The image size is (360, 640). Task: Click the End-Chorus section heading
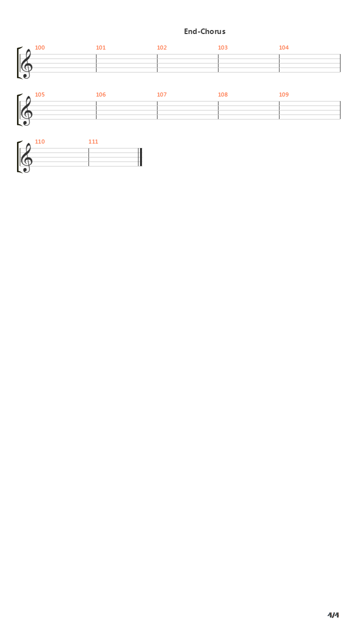pyautogui.click(x=204, y=31)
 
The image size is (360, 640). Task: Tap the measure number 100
pyautogui.click(x=39, y=47)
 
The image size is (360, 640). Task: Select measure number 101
pyautogui.click(x=100, y=47)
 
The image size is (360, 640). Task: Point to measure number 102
pyautogui.click(x=161, y=47)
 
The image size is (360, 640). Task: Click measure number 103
pyautogui.click(x=222, y=47)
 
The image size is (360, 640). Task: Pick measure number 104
pyautogui.click(x=283, y=47)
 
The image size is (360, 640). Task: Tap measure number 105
pyautogui.click(x=39, y=94)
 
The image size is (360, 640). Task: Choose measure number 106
pyautogui.click(x=100, y=94)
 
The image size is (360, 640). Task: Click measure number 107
pyautogui.click(x=161, y=94)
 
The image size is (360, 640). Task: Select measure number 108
pyautogui.click(x=222, y=94)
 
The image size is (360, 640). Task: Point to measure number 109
pyautogui.click(x=283, y=94)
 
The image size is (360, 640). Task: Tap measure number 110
pyautogui.click(x=39, y=141)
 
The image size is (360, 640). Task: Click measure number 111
pyautogui.click(x=93, y=141)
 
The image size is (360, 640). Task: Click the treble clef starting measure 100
pyautogui.click(x=26, y=63)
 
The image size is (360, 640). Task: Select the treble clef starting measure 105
pyautogui.click(x=26, y=110)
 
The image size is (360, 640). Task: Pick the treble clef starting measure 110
pyautogui.click(x=26, y=157)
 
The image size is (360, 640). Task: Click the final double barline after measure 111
pyautogui.click(x=140, y=157)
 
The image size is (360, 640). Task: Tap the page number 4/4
pyautogui.click(x=333, y=615)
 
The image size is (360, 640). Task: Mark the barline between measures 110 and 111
pyautogui.click(x=88, y=157)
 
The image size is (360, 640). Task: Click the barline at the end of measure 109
pyautogui.click(x=340, y=110)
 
